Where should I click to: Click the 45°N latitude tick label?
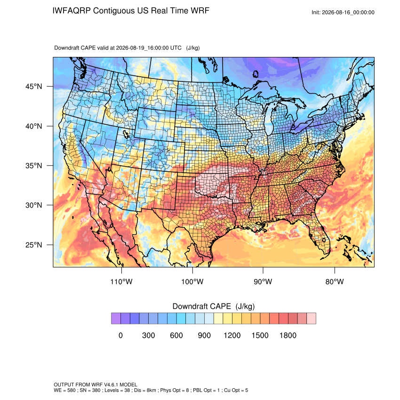(x=34, y=87)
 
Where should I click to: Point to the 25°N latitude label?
(x=34, y=245)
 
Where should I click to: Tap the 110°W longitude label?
(x=121, y=281)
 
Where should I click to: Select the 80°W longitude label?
(x=335, y=281)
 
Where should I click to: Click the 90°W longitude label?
(x=263, y=281)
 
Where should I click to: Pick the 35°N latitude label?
(x=34, y=166)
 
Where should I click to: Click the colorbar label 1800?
(x=288, y=335)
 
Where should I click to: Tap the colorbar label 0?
(x=120, y=335)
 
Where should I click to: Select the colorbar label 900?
(x=204, y=335)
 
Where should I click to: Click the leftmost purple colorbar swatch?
(x=116, y=319)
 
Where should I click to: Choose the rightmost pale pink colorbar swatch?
(x=311, y=319)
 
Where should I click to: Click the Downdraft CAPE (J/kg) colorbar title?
(x=214, y=306)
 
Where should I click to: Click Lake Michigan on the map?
(x=269, y=120)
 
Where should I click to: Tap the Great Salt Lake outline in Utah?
(x=126, y=134)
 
